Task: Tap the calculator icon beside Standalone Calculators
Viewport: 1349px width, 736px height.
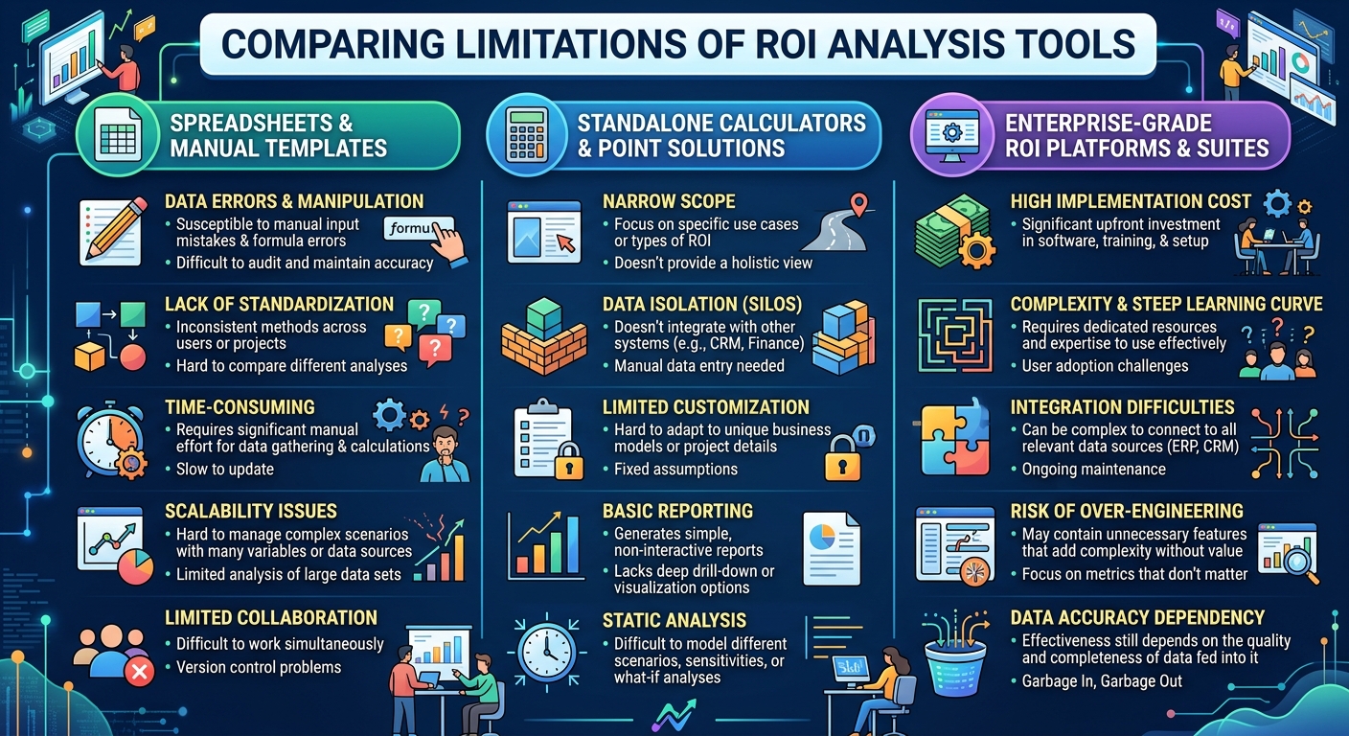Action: tap(524, 136)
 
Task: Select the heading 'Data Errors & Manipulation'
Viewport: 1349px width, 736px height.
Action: tap(294, 201)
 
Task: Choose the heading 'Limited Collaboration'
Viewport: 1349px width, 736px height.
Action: tap(271, 618)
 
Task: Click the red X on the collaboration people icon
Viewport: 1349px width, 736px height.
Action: tap(140, 673)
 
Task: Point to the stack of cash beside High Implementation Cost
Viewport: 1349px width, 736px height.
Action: tap(946, 230)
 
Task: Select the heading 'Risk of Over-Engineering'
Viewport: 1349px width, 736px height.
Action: tap(1127, 511)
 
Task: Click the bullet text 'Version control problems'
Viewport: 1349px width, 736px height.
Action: tap(259, 667)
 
